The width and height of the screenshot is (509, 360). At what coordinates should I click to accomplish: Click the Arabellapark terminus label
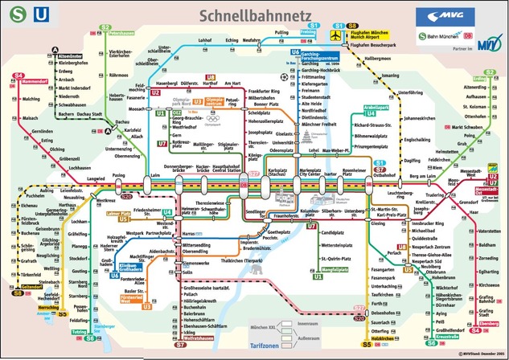pos(354,106)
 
